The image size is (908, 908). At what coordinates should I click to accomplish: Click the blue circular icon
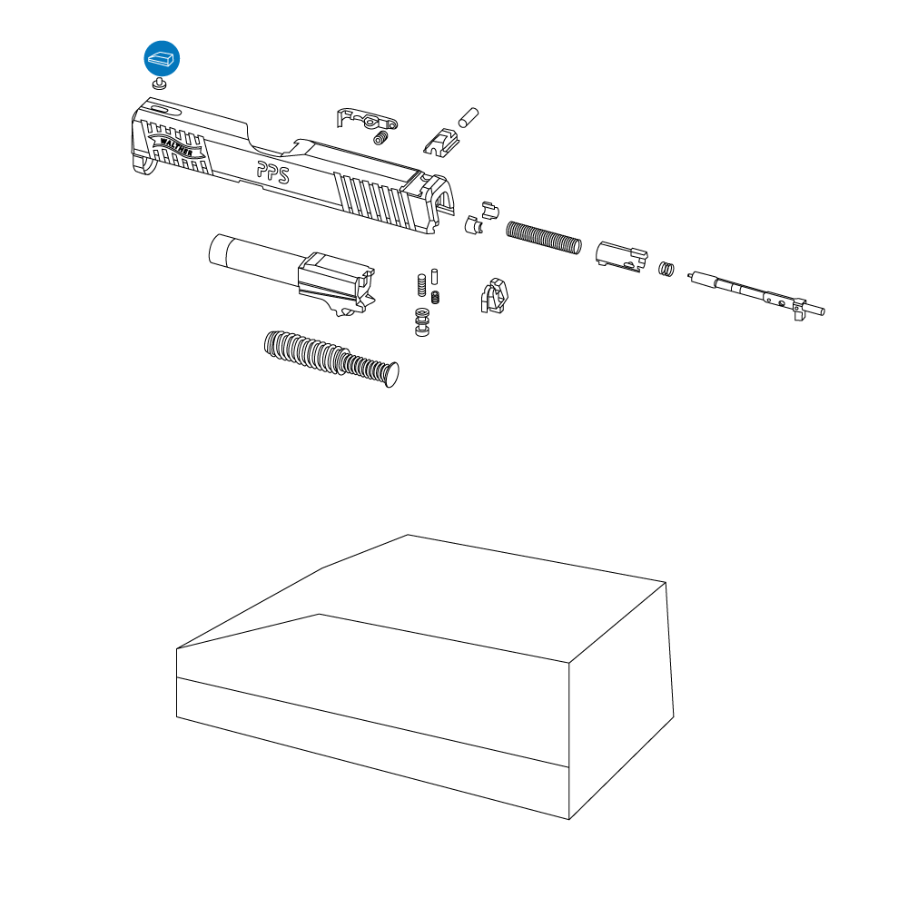[x=162, y=58]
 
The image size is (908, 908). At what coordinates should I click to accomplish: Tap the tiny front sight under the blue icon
[x=159, y=84]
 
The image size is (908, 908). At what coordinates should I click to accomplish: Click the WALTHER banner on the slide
[x=175, y=146]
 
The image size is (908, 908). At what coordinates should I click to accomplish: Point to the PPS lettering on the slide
[x=272, y=172]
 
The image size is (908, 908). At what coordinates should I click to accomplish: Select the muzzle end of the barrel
[x=219, y=250]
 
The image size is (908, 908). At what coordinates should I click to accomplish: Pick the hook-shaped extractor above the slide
[x=367, y=118]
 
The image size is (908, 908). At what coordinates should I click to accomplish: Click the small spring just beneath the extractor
[x=380, y=138]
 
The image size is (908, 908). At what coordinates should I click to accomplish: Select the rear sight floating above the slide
[x=441, y=143]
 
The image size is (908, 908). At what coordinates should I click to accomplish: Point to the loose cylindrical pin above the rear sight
[x=468, y=117]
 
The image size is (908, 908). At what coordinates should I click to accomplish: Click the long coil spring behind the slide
[x=544, y=237]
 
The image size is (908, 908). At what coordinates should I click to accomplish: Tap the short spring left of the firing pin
[x=666, y=269]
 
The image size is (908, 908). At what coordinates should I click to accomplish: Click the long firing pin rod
[x=756, y=294]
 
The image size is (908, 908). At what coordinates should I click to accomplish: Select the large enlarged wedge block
[x=425, y=677]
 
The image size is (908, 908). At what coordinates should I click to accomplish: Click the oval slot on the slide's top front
[x=160, y=109]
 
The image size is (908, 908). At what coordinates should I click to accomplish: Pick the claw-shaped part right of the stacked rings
[x=494, y=296]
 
